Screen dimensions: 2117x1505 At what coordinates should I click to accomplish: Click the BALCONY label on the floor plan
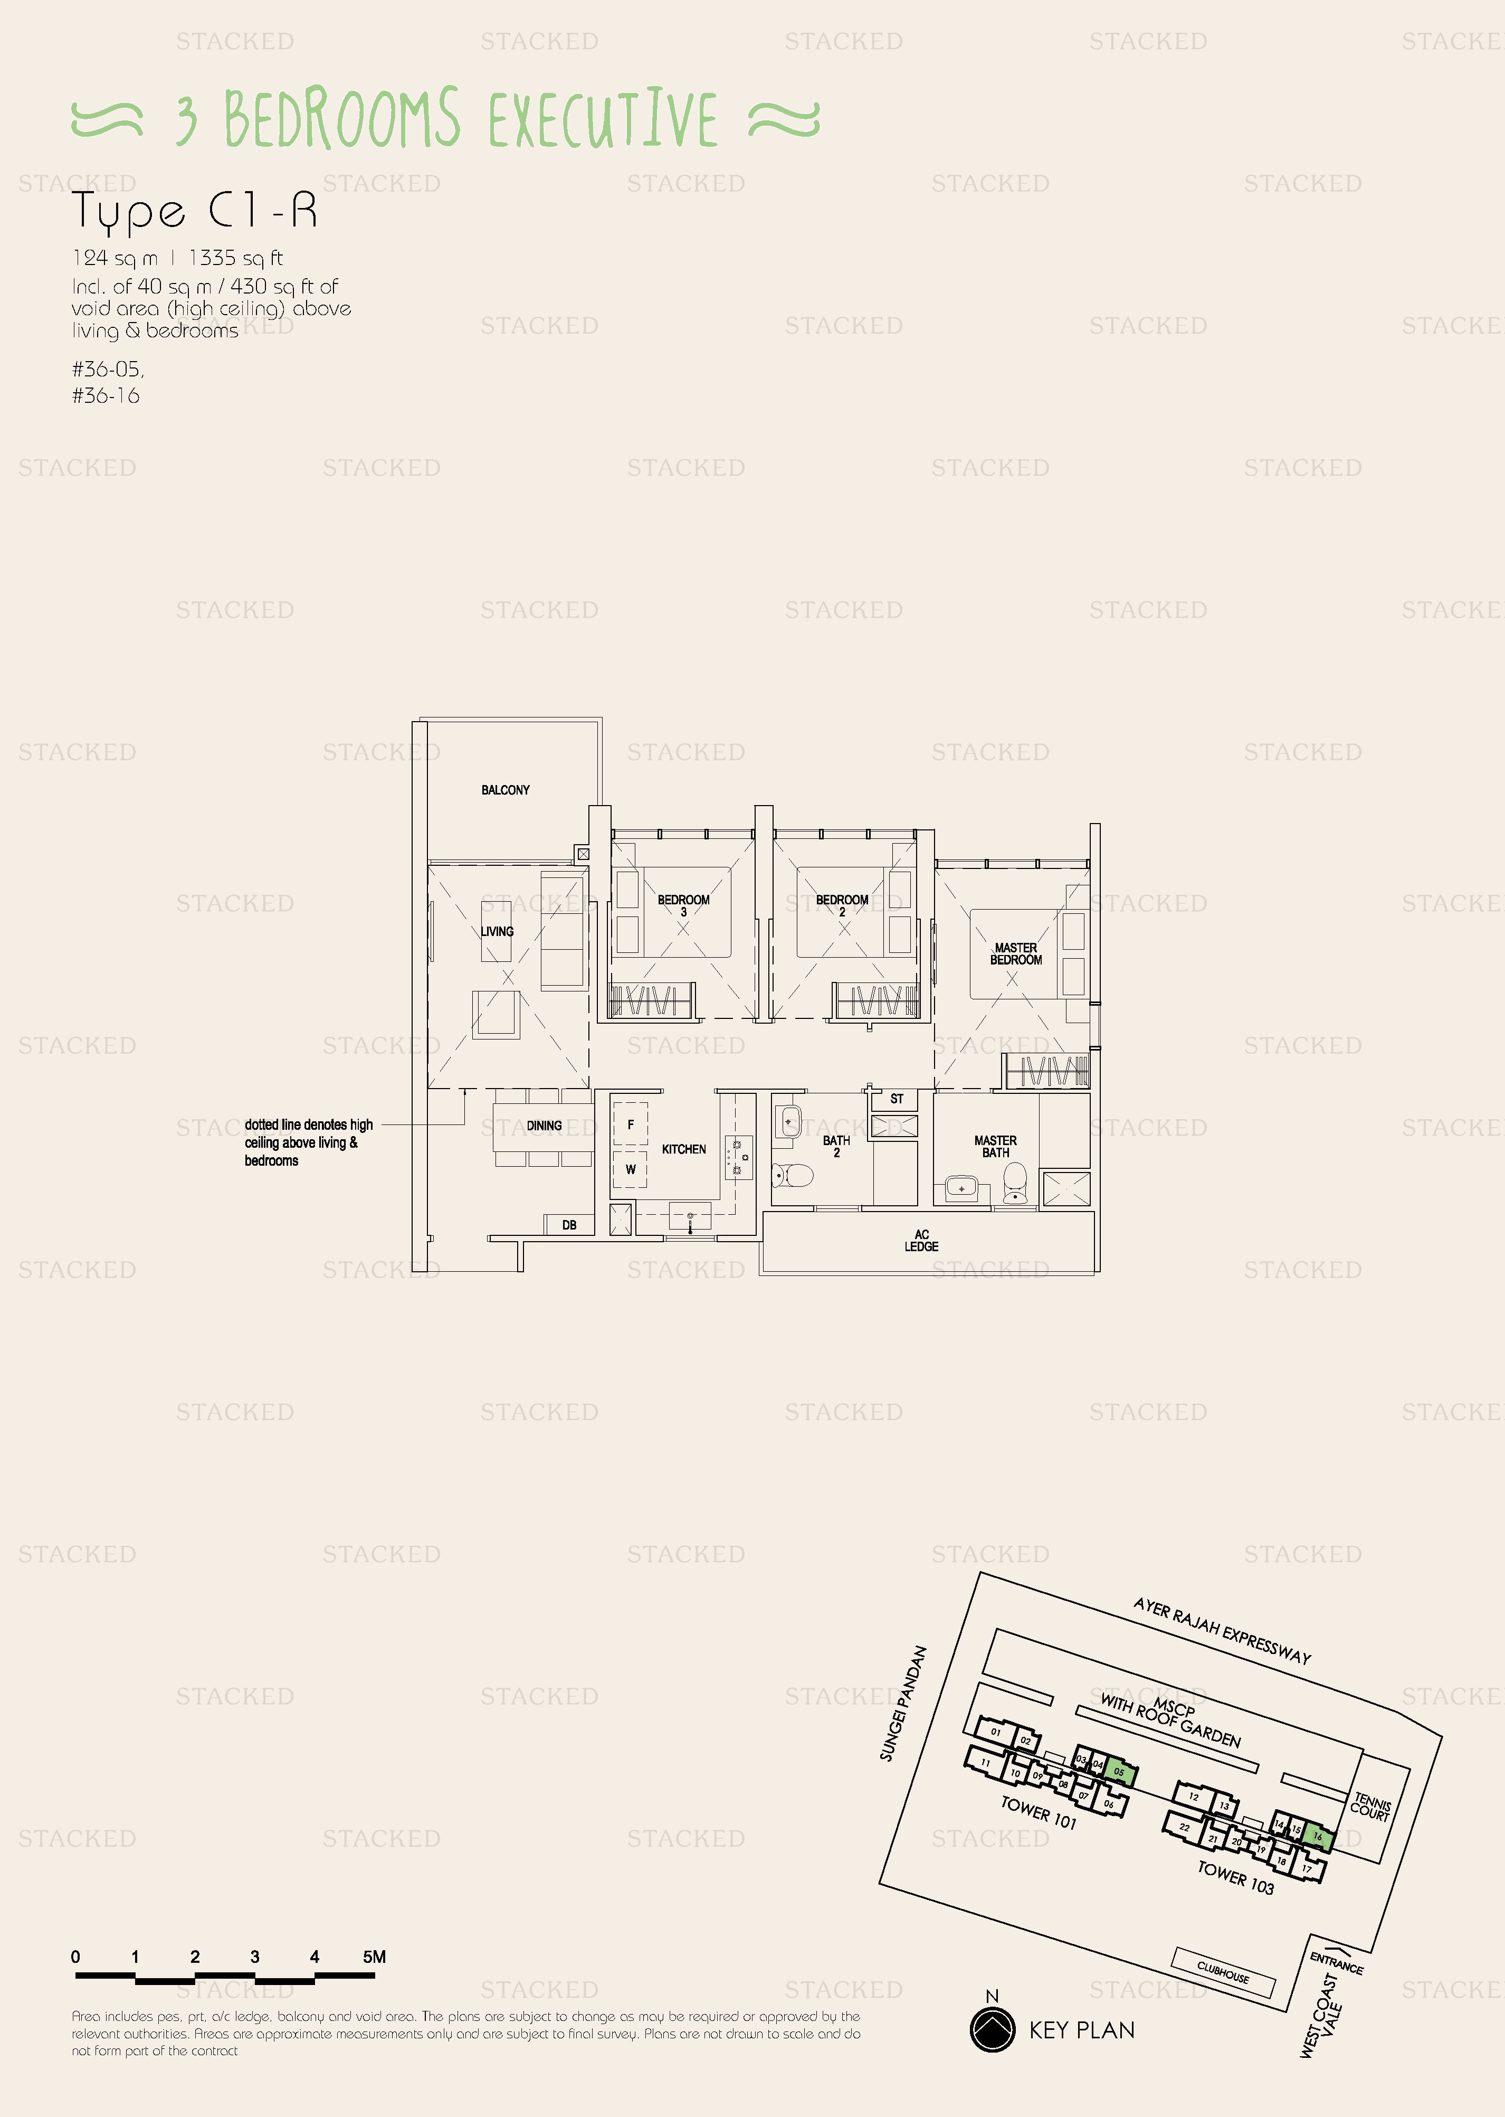pos(505,790)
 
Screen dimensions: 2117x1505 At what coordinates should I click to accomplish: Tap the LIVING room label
pos(497,931)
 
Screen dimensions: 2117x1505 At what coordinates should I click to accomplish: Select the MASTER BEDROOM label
pos(1016,954)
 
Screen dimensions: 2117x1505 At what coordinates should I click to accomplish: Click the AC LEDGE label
pos(921,1240)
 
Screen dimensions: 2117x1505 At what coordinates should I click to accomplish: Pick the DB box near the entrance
pos(569,1224)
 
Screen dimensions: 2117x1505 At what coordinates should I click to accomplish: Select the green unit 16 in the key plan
pos(1318,1836)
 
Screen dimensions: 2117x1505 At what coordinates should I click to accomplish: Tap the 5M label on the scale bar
pos(374,1957)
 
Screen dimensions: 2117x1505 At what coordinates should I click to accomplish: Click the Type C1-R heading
pos(195,211)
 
